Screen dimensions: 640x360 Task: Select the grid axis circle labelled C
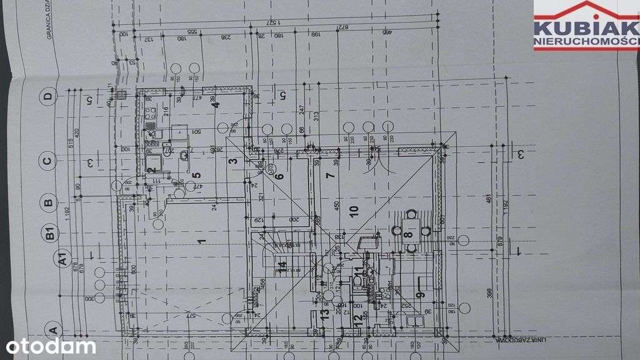point(47,161)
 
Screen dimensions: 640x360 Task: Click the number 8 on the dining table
point(409,236)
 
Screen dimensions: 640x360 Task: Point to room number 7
point(331,175)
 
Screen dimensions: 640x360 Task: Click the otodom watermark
point(51,346)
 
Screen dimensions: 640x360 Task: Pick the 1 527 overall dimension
point(273,22)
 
